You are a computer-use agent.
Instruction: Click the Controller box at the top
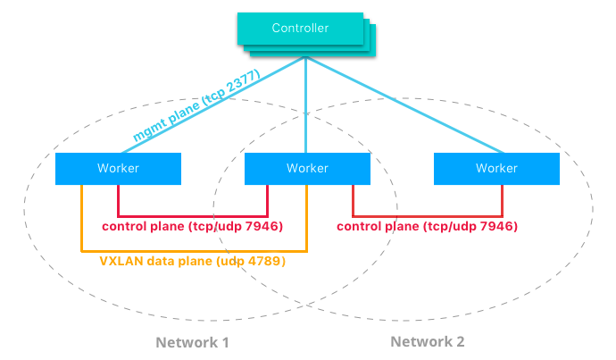coord(301,29)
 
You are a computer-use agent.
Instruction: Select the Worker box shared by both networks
coord(307,168)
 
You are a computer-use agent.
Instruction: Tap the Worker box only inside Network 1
coord(118,168)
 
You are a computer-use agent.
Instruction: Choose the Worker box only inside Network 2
coord(496,168)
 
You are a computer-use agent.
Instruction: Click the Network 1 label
coord(192,342)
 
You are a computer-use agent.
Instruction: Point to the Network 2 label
coord(427,341)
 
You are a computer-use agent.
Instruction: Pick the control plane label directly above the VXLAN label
coord(192,227)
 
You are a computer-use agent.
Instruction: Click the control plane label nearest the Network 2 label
coord(428,227)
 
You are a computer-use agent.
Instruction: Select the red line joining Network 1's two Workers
coord(192,215)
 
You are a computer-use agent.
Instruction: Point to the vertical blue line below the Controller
coord(306,107)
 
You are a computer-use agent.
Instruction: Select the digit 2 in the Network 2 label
coord(459,341)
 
